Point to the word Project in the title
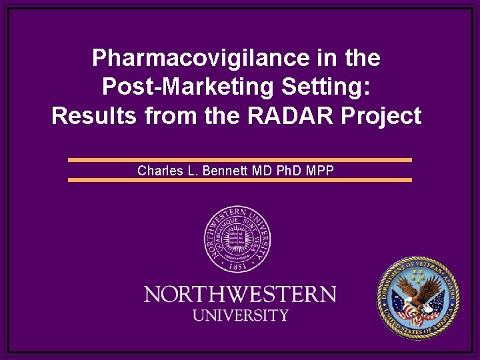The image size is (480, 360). coord(382,116)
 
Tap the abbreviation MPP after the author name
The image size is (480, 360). coord(321,171)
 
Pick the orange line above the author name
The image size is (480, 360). coord(240,160)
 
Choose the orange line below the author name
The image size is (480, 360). coord(240,180)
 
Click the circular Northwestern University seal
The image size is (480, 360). coord(237,239)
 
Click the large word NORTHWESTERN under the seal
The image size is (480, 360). coord(240,294)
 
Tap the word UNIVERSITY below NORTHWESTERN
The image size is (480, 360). coord(240,315)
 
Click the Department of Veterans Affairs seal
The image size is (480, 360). coord(418,299)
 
